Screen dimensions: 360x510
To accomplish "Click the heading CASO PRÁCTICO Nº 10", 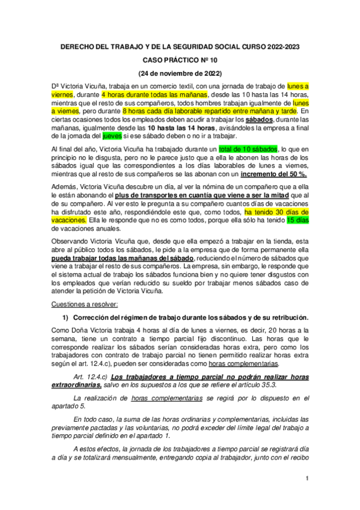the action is (180, 61).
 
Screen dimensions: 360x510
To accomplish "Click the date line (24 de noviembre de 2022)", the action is (180, 73).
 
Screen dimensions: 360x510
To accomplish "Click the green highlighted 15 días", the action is (295, 220).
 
